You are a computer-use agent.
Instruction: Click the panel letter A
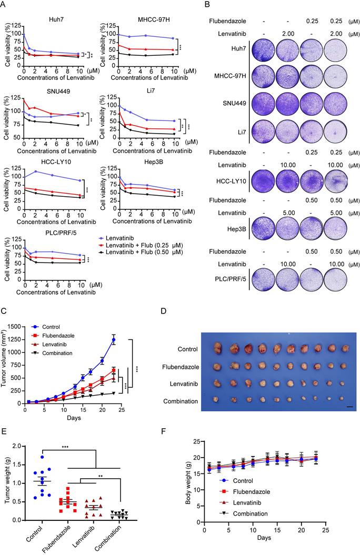point(5,5)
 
